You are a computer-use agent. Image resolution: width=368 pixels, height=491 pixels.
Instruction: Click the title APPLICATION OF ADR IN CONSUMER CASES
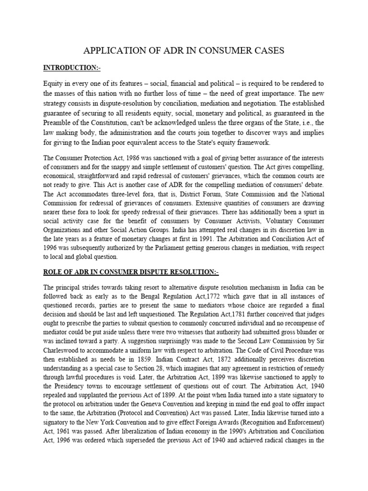coord(184,50)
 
